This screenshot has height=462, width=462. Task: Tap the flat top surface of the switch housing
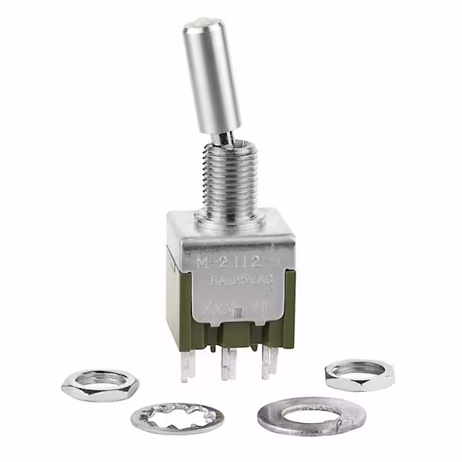[195, 224]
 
